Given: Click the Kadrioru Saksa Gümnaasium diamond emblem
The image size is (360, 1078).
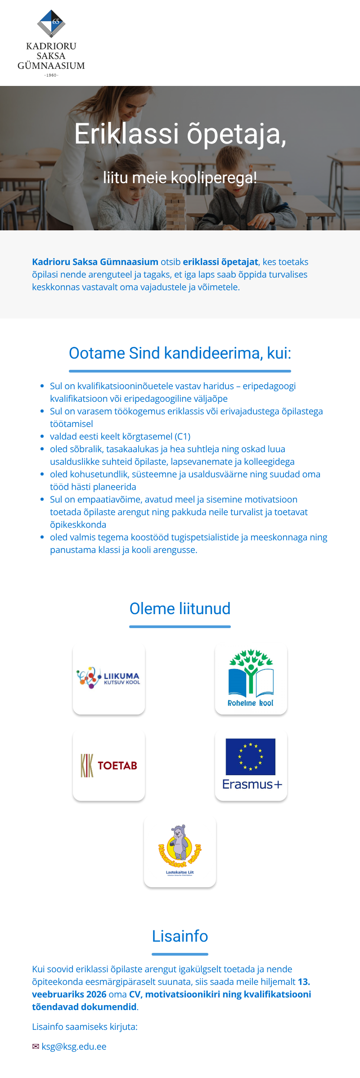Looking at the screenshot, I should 51,23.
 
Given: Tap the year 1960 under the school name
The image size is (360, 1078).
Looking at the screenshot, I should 51,75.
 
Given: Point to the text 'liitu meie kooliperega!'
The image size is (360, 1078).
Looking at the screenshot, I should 180,178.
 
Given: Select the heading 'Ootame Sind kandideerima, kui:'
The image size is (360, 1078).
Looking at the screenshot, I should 180,353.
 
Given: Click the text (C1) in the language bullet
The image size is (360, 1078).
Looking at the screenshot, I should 182,436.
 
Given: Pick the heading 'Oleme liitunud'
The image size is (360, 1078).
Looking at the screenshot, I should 180,609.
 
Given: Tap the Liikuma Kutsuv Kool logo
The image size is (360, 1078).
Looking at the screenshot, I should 108,678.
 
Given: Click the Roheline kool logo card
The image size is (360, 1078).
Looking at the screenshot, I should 251,678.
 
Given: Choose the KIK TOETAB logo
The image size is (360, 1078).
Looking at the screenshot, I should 109,765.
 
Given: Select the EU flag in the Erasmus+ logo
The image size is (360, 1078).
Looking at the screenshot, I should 251,756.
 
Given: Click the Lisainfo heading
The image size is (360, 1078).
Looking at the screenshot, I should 180,936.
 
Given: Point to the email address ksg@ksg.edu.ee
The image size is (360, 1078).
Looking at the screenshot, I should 74,1047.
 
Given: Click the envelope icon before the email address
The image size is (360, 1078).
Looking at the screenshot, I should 36,1047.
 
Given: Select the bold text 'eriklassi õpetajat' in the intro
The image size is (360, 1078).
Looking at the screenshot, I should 220,262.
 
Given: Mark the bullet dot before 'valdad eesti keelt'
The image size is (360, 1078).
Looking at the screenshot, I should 42,436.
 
